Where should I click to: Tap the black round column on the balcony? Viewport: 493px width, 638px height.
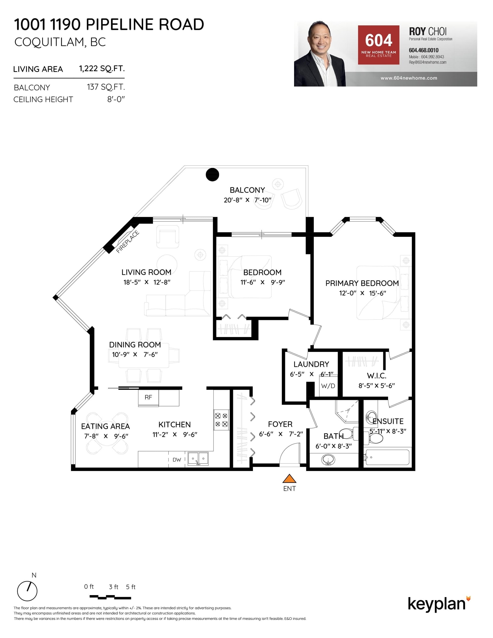tap(212, 175)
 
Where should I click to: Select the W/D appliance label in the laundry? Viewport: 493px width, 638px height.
tap(328, 386)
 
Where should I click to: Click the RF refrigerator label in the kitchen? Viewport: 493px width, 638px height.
tap(148, 397)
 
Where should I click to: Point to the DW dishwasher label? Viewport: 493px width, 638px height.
tap(177, 460)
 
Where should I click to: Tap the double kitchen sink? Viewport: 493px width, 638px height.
tap(198, 459)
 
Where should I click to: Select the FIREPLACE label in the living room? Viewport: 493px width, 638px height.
tap(128, 241)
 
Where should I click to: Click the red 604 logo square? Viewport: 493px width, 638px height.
tap(378, 45)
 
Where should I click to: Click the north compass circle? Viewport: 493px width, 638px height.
tap(27, 591)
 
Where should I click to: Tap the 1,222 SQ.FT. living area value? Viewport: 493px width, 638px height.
tap(102, 69)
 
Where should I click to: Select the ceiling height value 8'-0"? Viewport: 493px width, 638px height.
tap(116, 99)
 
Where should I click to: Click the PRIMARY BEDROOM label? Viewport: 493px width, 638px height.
tap(362, 283)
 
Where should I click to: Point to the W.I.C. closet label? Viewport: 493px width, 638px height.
tap(377, 376)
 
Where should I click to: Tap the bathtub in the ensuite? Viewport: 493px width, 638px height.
tap(387, 457)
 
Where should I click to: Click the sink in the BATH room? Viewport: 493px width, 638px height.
tap(328, 460)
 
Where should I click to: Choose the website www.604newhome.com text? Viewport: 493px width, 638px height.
tap(409, 78)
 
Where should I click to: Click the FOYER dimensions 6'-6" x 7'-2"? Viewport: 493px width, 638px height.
tap(281, 434)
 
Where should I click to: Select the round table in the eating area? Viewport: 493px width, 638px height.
tap(107, 434)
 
